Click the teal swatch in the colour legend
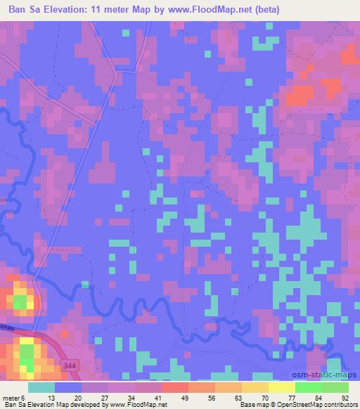click(42, 387)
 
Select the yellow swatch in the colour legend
click(282, 387)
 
